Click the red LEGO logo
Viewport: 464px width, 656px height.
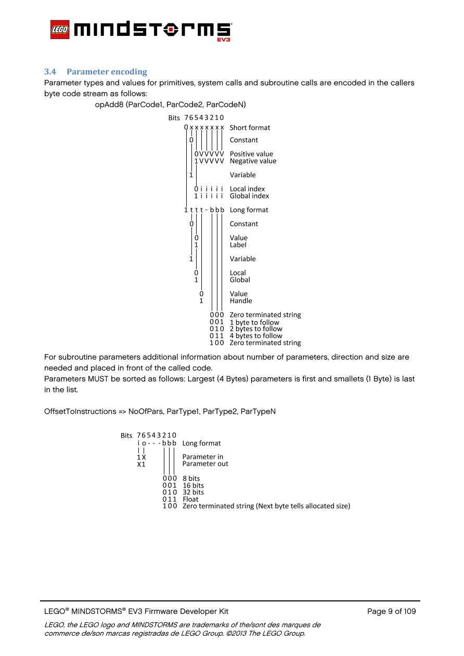(61, 30)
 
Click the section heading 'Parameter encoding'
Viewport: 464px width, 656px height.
(107, 72)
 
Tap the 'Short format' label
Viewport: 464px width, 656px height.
(250, 128)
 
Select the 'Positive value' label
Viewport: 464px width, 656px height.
(251, 154)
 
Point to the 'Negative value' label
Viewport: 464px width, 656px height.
(253, 161)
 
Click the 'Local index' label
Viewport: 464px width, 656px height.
(247, 189)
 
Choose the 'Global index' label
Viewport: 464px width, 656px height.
(249, 196)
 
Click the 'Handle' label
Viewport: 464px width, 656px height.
(241, 301)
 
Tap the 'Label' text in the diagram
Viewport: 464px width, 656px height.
(238, 245)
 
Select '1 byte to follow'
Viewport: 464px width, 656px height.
(254, 322)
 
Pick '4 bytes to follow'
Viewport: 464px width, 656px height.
(256, 336)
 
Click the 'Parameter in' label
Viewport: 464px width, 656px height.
(202, 457)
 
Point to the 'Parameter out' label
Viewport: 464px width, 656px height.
(205, 464)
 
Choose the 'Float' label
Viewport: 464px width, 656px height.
(190, 499)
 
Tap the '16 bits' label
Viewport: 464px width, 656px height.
(193, 486)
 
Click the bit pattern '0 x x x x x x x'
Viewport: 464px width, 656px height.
(204, 128)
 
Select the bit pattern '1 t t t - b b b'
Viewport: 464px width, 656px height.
(204, 210)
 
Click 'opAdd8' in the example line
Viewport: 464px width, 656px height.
(106, 105)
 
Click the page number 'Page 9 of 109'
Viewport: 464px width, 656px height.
(391, 611)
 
